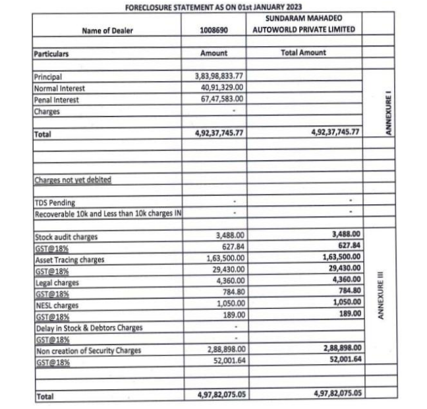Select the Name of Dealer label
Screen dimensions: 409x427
(x=105, y=30)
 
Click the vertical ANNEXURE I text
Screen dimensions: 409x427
(x=388, y=114)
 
